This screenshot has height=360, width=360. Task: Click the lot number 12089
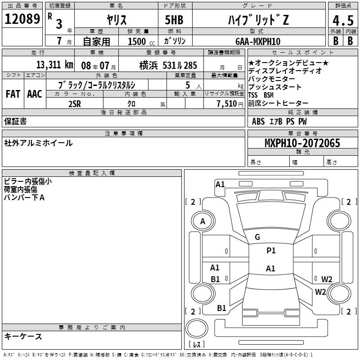tap(22, 18)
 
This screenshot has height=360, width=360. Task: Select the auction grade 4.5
tap(343, 20)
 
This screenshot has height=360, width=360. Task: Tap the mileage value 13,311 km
tap(55, 65)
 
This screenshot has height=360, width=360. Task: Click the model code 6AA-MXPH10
tap(258, 41)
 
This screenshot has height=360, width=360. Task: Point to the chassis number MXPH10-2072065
tap(302, 143)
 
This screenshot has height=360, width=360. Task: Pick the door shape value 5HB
tap(174, 20)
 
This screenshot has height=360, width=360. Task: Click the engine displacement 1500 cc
tap(141, 41)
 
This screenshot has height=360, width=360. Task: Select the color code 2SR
tap(75, 104)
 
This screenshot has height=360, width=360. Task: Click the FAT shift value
tap(13, 94)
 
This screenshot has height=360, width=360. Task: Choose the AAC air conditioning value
tap(35, 94)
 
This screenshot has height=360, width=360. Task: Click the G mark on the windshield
tap(257, 237)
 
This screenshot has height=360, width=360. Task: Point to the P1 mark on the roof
tap(271, 251)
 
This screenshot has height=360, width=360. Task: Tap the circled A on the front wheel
tap(203, 221)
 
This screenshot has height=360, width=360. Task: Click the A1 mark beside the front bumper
tap(220, 184)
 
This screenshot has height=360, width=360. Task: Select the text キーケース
tap(23, 336)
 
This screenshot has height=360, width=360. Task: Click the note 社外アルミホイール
tap(38, 143)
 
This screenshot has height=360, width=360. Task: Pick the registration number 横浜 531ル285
tap(168, 65)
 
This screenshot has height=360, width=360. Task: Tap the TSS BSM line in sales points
tap(261, 95)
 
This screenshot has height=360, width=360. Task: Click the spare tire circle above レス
tap(197, 328)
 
